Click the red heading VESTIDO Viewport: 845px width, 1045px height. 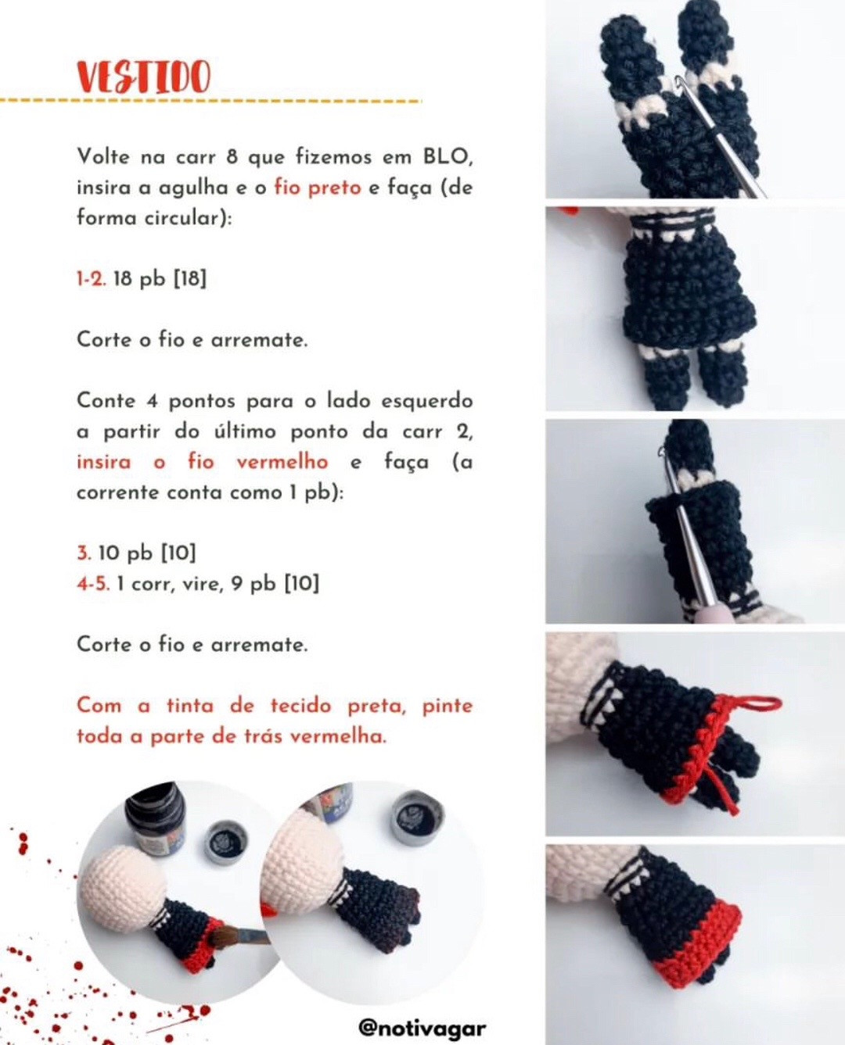point(143,78)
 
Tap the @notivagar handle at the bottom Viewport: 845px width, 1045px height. point(422,1026)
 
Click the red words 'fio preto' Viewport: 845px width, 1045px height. point(317,188)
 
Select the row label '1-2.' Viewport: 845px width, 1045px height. point(91,278)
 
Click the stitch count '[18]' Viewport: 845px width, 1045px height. point(189,278)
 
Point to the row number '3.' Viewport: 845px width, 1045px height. point(84,553)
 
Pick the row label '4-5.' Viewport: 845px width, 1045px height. point(92,583)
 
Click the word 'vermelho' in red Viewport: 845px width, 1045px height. point(282,461)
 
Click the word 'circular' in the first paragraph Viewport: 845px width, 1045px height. point(185,217)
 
